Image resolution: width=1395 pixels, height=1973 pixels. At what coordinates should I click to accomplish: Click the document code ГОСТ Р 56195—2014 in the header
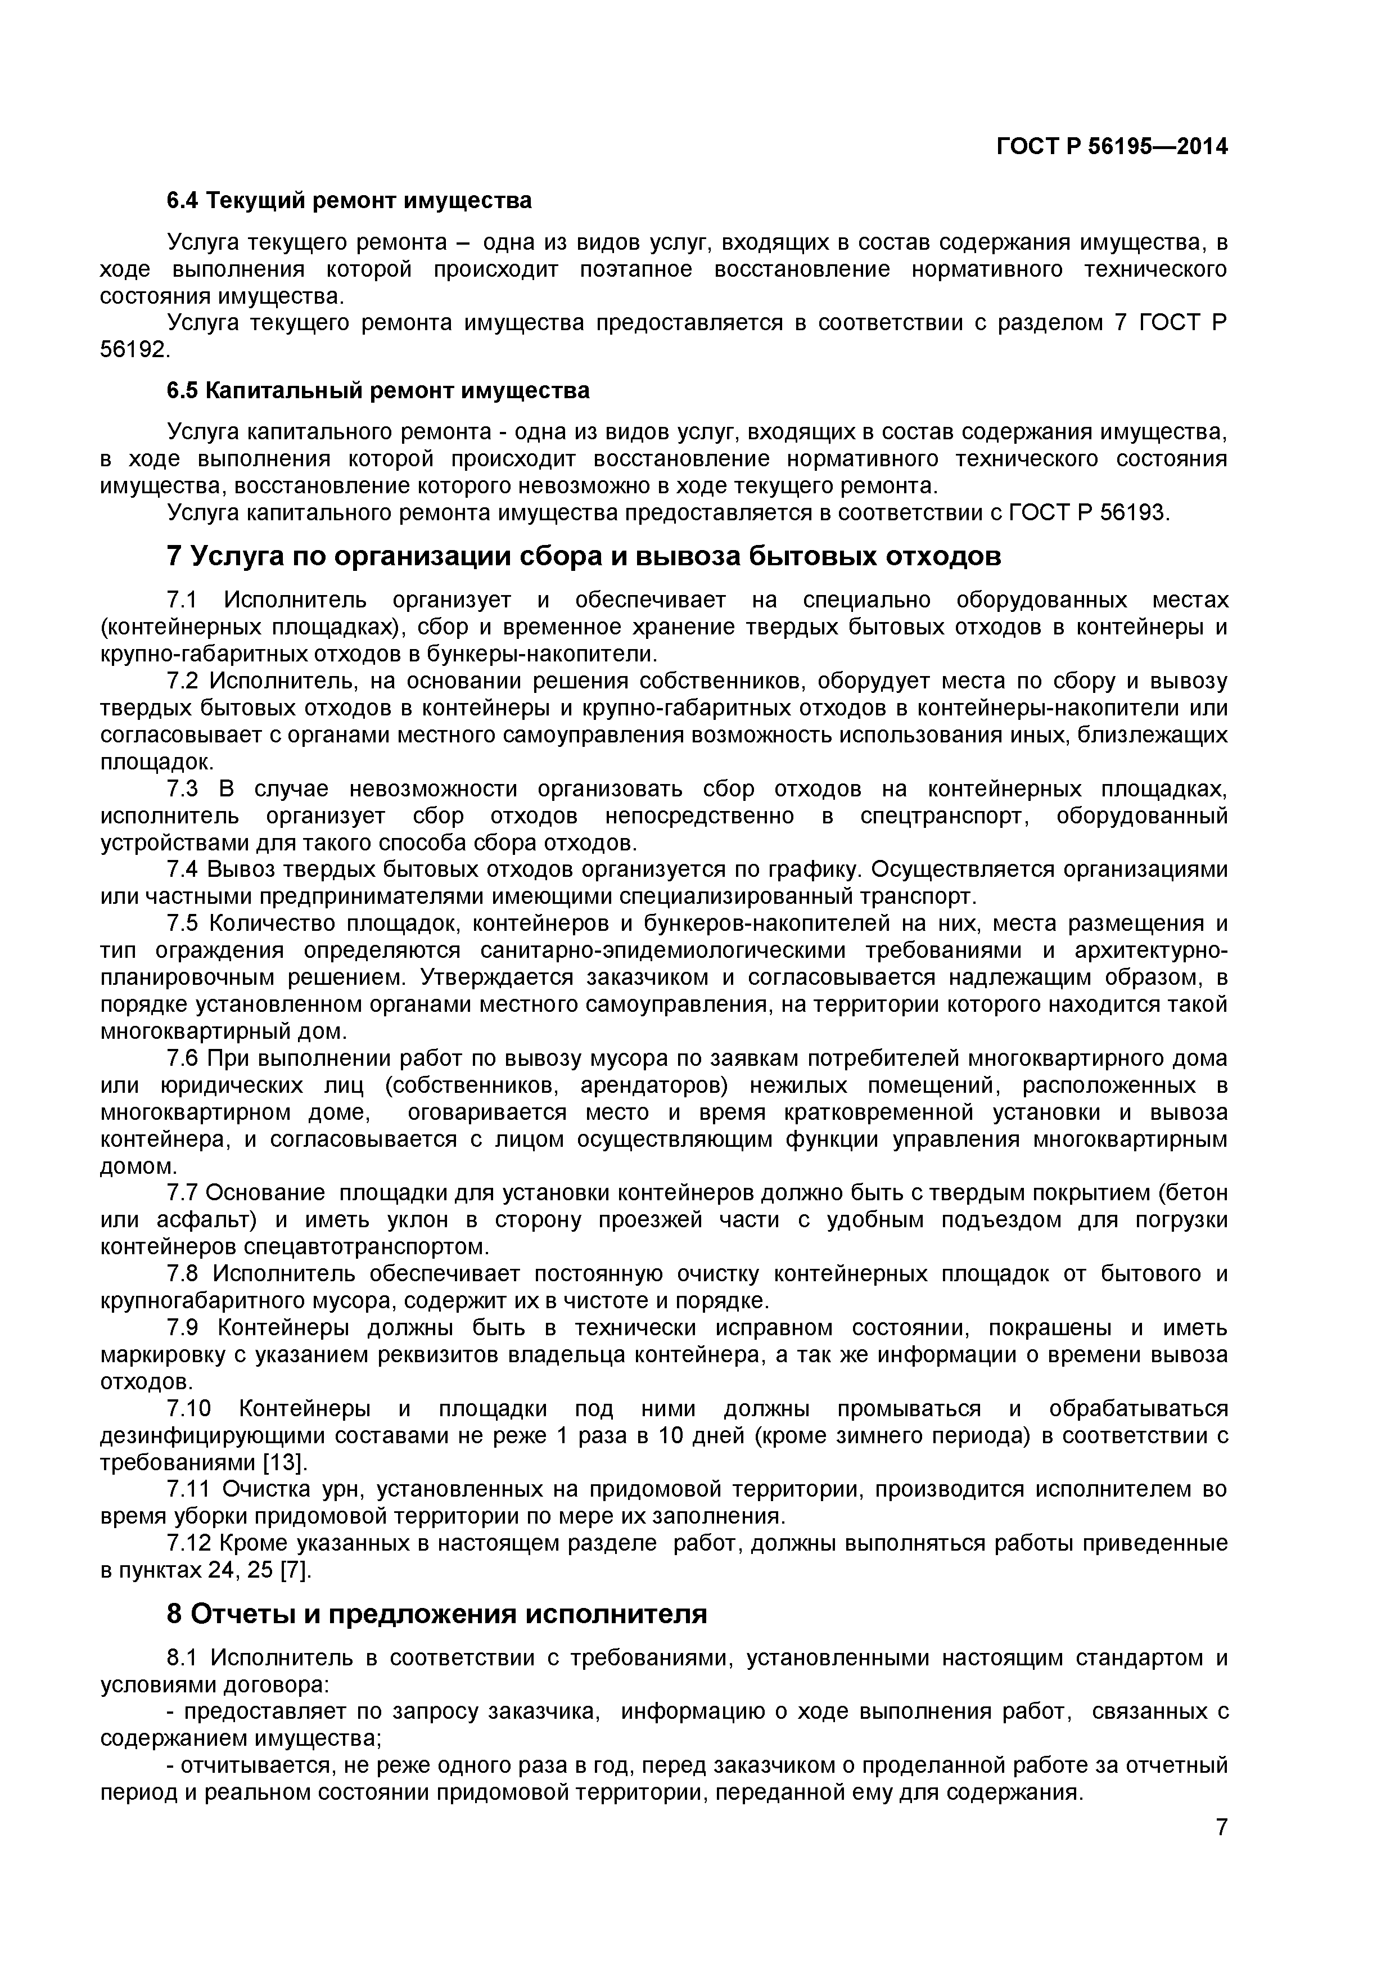[x=1112, y=147]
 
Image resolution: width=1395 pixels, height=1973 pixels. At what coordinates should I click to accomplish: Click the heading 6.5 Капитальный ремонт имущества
[x=378, y=391]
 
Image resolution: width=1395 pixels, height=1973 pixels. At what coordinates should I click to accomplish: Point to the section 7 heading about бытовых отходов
[x=584, y=557]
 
